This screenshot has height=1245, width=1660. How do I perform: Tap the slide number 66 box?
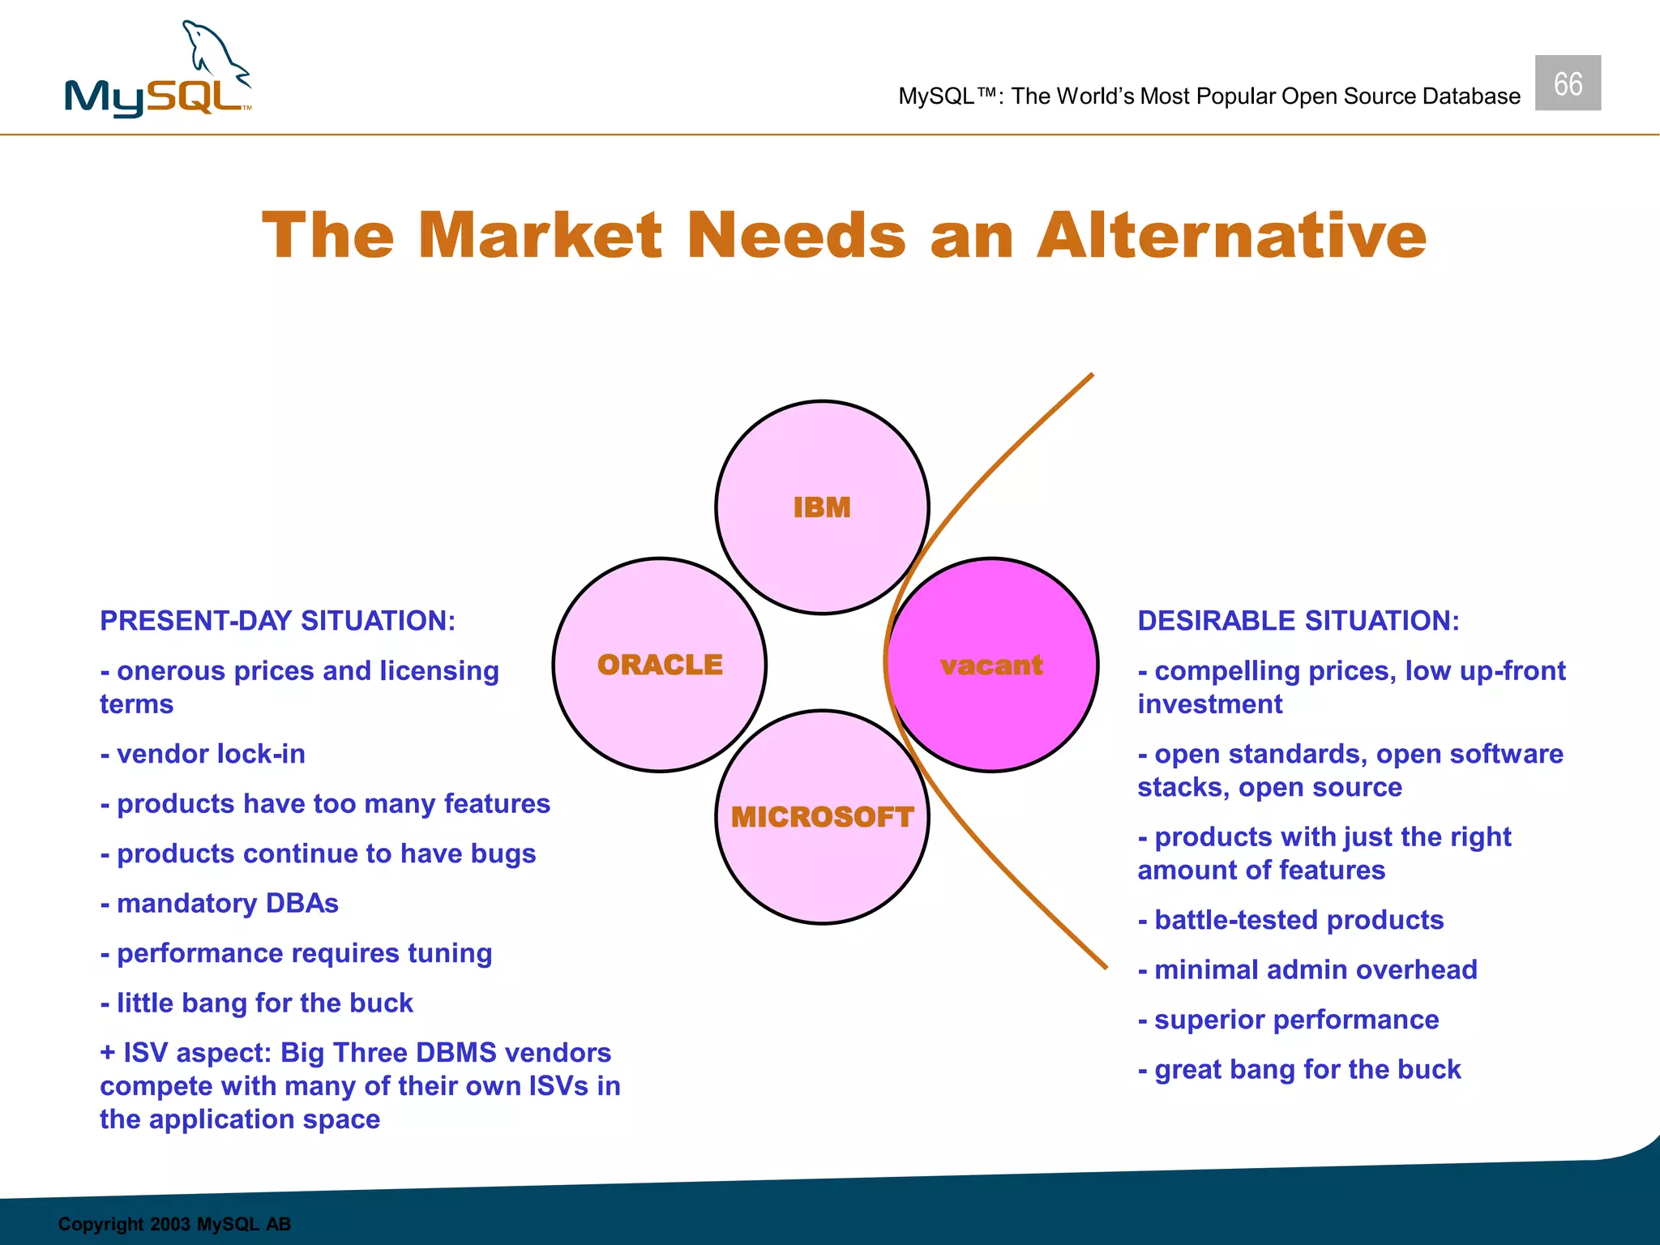pyautogui.click(x=1567, y=83)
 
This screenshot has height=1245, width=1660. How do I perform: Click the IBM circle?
pyautogui.click(x=822, y=507)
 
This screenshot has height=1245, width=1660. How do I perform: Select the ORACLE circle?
pyautogui.click(x=660, y=665)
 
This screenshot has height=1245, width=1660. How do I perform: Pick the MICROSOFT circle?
pyautogui.click(x=822, y=817)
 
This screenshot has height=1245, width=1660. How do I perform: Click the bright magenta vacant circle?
pyautogui.click(x=992, y=665)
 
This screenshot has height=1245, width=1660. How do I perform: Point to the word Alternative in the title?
pyautogui.click(x=1231, y=236)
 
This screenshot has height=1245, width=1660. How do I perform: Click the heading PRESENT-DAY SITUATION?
pyautogui.click(x=278, y=621)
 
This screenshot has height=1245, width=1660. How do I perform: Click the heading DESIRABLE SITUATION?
pyautogui.click(x=1298, y=621)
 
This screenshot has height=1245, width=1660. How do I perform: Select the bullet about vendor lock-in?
pyautogui.click(x=203, y=755)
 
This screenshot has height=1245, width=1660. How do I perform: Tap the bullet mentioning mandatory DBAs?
pyautogui.click(x=220, y=904)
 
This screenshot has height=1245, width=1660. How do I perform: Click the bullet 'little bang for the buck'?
pyautogui.click(x=257, y=1003)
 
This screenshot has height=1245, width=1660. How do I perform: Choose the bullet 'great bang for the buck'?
pyautogui.click(x=1299, y=1070)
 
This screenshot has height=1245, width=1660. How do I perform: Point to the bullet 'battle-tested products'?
pyautogui.click(x=1290, y=921)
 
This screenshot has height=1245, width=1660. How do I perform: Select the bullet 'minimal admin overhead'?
pyautogui.click(x=1307, y=970)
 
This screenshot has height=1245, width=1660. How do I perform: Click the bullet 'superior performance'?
pyautogui.click(x=1288, y=1020)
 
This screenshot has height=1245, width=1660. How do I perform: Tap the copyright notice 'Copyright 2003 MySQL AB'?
pyautogui.click(x=174, y=1224)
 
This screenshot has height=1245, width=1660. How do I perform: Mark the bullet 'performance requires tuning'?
pyautogui.click(x=297, y=954)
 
